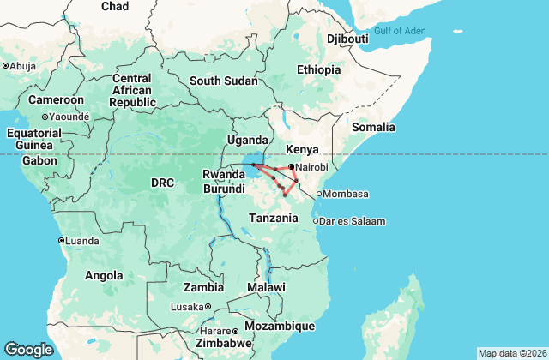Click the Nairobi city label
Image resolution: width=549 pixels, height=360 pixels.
[x=314, y=167]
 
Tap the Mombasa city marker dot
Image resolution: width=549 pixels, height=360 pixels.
[x=318, y=194]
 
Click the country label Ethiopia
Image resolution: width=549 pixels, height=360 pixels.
[x=318, y=69]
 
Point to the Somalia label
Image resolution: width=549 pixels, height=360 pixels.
[x=373, y=127]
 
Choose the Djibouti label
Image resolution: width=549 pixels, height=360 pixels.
[x=347, y=39]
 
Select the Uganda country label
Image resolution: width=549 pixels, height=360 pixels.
[x=247, y=141]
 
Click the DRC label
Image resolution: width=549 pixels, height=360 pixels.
[x=162, y=183]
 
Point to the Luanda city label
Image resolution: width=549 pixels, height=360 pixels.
[x=81, y=240]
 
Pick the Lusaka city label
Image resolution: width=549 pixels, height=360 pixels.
[x=187, y=306]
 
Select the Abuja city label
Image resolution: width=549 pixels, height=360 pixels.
[x=22, y=65]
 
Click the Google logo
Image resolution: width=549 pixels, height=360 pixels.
[x=28, y=349]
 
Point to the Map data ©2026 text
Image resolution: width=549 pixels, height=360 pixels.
[x=511, y=353]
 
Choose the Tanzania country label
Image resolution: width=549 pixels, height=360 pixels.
[x=274, y=218]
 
